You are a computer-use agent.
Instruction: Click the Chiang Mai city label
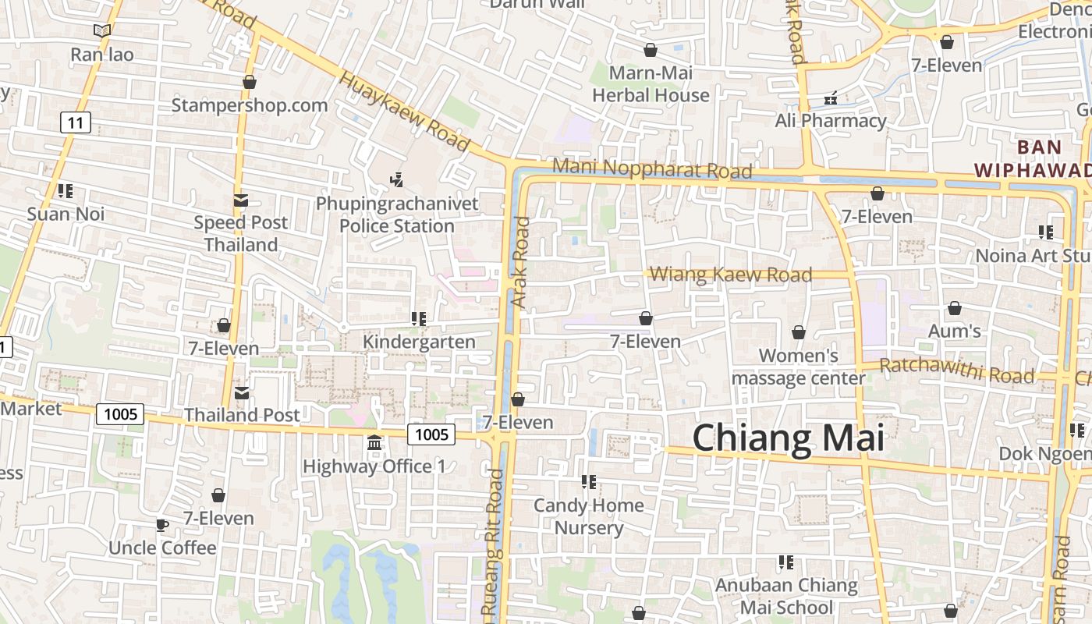click(788, 438)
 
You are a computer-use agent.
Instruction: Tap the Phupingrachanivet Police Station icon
click(397, 180)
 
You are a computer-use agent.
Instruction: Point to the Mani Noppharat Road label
click(652, 168)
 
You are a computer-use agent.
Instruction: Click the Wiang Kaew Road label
click(731, 275)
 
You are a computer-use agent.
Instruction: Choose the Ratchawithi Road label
click(956, 370)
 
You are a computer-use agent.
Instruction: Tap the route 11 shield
click(75, 122)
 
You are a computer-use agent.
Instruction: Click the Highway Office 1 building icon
click(374, 443)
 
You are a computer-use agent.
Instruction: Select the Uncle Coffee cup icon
click(161, 525)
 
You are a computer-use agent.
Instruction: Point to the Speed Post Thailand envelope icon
click(240, 200)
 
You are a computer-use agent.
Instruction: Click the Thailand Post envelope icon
click(242, 393)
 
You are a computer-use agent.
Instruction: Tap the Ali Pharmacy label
click(831, 121)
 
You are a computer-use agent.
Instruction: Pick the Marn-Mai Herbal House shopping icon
click(651, 51)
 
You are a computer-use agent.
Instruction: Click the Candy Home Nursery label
click(589, 516)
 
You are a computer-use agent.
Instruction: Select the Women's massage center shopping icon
click(798, 333)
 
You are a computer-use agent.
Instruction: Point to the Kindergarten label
click(419, 342)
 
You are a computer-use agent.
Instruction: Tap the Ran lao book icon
click(101, 31)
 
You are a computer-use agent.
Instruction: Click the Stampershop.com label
click(250, 105)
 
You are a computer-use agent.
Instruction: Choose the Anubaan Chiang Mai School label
click(786, 596)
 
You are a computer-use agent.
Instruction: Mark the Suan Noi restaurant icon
click(66, 191)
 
